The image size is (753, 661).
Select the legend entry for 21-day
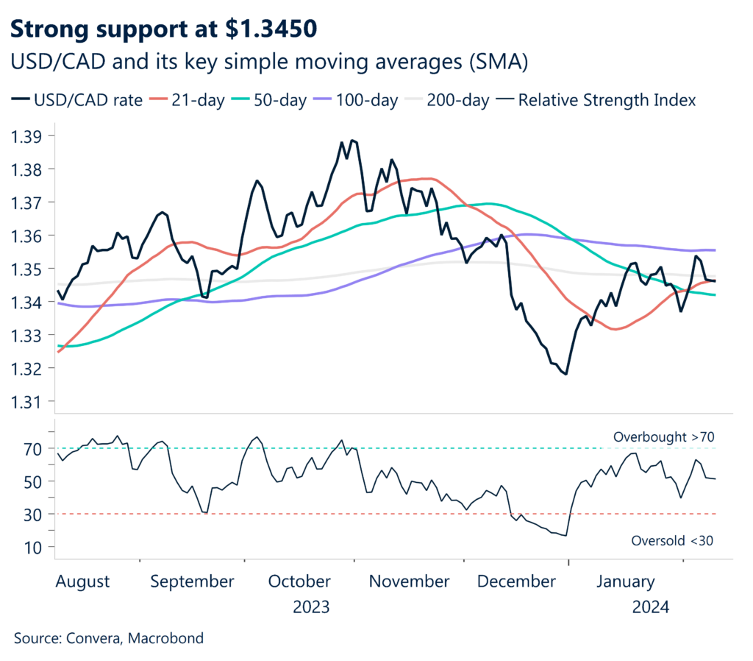192,100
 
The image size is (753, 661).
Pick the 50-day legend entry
275,100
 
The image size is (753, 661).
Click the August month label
82,582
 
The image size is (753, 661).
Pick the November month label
409,582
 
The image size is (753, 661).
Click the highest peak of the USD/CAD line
352,139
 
